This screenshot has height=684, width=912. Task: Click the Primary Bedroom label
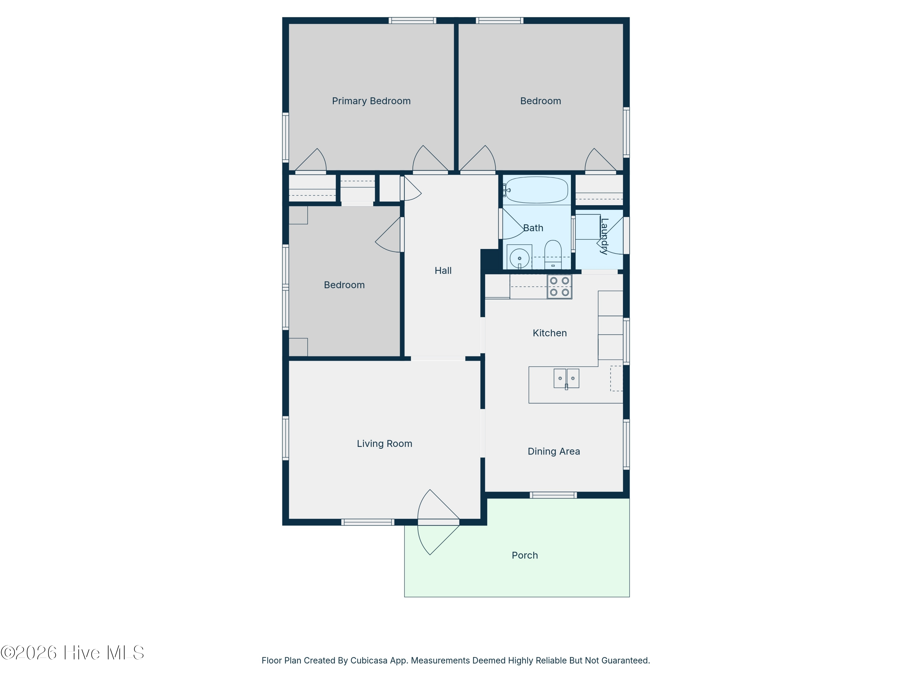point(371,101)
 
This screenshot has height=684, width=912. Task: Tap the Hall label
point(443,271)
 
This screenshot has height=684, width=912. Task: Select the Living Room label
point(384,444)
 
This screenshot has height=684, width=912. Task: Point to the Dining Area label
point(554,451)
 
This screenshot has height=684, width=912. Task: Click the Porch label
point(525,555)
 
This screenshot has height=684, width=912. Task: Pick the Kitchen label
point(550,333)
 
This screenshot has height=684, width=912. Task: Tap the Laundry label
point(604,236)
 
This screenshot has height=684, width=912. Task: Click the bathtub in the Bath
point(536,190)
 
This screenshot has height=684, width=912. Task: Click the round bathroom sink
point(520,258)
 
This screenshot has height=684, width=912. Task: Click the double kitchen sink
point(566,378)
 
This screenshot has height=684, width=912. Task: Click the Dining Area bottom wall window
point(553,495)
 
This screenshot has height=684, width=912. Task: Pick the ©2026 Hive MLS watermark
point(72,653)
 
